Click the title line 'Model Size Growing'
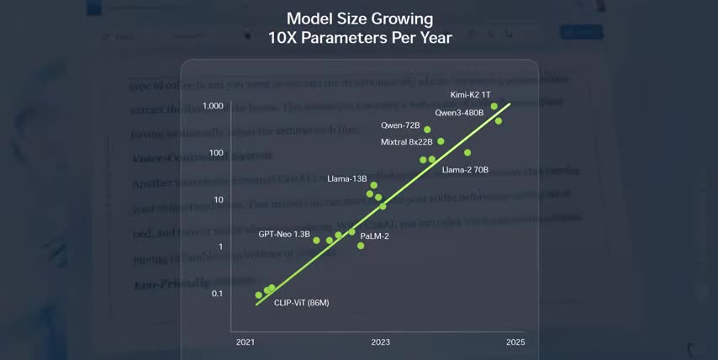(359, 18)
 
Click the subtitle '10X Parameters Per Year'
(359, 38)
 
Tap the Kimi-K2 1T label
(470, 95)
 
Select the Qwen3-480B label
(459, 112)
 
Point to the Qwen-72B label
(400, 125)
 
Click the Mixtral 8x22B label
(406, 142)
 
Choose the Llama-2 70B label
(465, 170)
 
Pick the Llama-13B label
(347, 178)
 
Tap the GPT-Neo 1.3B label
(284, 233)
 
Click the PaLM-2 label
(374, 236)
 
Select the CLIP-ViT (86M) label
(302, 302)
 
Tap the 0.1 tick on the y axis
(216, 294)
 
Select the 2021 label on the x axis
(245, 342)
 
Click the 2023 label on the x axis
(380, 342)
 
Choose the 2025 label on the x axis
(515, 342)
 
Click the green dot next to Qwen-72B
(427, 130)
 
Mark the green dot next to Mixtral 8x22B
(441, 141)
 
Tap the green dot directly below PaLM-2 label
(361, 246)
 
